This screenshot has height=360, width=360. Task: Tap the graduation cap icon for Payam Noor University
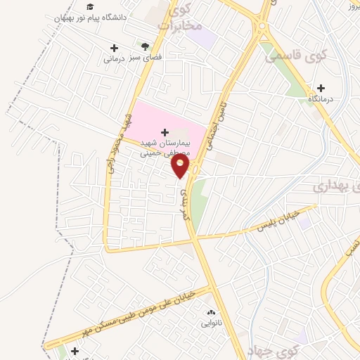tap(90, 6)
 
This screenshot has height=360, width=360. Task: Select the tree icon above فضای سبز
tap(146, 46)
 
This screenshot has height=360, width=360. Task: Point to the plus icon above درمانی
tap(114, 48)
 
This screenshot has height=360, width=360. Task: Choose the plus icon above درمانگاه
tap(321, 89)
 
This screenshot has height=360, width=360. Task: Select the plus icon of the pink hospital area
tap(165, 131)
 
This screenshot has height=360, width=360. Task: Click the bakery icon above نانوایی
tap(210, 311)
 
